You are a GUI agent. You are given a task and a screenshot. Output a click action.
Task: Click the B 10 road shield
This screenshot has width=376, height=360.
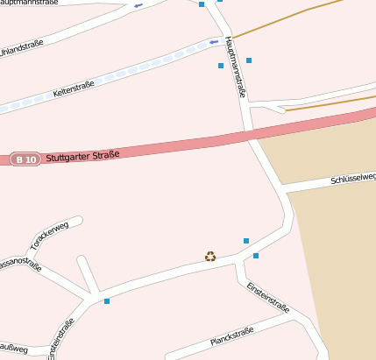click(x=25, y=159)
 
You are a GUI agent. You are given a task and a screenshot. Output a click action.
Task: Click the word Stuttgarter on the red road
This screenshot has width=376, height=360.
click(x=72, y=158)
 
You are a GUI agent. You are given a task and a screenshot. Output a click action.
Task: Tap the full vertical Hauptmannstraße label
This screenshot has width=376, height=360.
click(x=235, y=67)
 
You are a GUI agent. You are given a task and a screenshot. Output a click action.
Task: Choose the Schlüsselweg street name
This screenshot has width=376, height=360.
click(x=352, y=178)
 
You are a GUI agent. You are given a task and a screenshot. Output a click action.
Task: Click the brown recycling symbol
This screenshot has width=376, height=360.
click(x=210, y=257)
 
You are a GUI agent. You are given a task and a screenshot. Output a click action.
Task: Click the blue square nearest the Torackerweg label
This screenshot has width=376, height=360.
click(x=107, y=301)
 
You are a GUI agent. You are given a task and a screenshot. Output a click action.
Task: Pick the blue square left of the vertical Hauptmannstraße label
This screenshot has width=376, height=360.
click(x=221, y=66)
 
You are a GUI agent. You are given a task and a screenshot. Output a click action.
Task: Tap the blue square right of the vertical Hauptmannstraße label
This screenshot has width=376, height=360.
click(x=249, y=60)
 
